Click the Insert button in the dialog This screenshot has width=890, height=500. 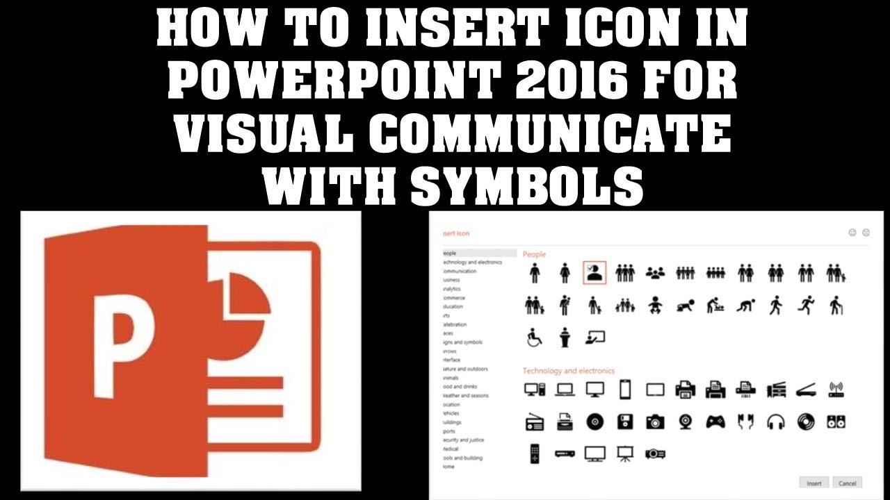click(814, 483)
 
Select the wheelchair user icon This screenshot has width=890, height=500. click(534, 337)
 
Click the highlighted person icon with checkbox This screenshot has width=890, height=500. click(594, 273)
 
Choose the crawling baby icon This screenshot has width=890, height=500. click(686, 305)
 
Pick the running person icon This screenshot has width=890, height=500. click(806, 305)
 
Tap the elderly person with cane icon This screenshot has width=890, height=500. click(836, 305)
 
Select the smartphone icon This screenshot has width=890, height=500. click(624, 390)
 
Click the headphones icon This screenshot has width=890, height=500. click(776, 421)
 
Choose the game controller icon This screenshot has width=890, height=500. click(715, 421)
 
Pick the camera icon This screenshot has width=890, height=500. click(655, 421)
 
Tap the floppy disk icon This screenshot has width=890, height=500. click(624, 421)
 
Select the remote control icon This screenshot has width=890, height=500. click(534, 453)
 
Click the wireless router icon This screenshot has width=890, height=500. click(836, 390)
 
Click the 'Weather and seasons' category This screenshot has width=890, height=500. click(465, 396)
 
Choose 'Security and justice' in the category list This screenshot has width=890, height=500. click(464, 440)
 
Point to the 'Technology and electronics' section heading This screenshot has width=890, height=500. click(568, 371)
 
